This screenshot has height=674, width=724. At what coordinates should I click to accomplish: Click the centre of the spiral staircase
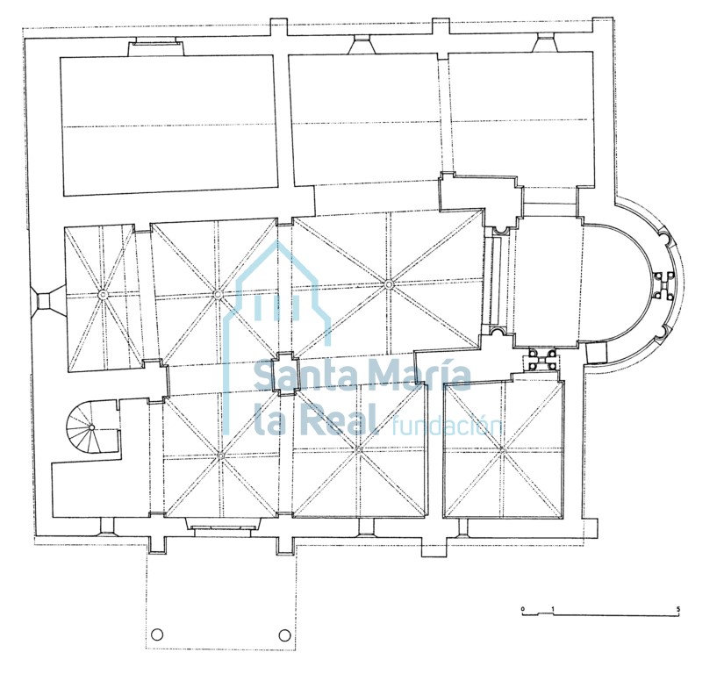click(x=92, y=427)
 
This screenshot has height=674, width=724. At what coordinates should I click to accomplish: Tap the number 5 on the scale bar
click(x=678, y=609)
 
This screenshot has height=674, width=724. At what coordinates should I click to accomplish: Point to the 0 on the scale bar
click(x=523, y=609)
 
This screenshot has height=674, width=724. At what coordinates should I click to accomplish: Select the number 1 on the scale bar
click(x=553, y=609)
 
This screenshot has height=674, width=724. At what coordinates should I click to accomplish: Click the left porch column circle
click(x=157, y=635)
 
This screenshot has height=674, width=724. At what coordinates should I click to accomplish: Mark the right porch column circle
click(x=284, y=635)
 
